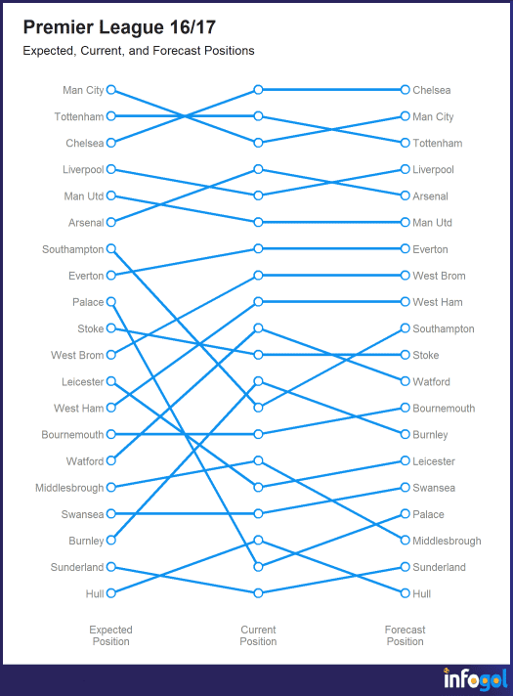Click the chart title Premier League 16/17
(119, 27)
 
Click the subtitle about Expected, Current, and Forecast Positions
(139, 51)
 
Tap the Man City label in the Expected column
(83, 90)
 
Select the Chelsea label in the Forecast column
(431, 90)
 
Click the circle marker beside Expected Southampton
(111, 248)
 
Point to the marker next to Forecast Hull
(405, 593)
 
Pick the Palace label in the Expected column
(88, 302)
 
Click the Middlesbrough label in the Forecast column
(447, 541)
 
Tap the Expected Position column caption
(111, 635)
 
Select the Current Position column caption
(258, 635)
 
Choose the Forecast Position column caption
(405, 635)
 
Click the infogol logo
(475, 678)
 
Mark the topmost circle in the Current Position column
(258, 90)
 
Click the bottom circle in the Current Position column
(258, 593)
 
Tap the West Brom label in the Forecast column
(439, 276)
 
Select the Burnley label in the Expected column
(86, 541)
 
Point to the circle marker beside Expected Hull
(111, 593)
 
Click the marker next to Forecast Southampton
(405, 328)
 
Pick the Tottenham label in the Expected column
(79, 116)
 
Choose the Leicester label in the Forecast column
(434, 461)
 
